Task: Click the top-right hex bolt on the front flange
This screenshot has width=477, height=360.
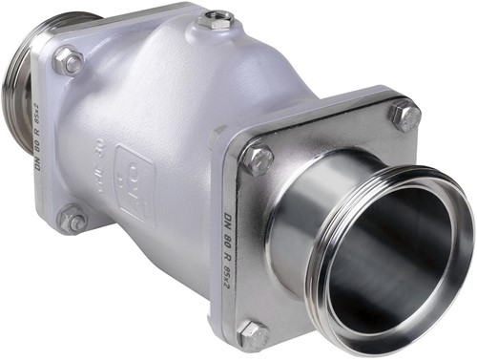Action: tap(404, 116)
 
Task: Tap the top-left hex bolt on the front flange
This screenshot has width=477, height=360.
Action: tap(256, 159)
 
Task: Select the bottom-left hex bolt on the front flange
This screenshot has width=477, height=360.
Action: tap(253, 334)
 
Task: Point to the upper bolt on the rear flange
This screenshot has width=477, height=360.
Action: tap(68, 63)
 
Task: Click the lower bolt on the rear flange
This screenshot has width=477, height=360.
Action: tap(73, 220)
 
